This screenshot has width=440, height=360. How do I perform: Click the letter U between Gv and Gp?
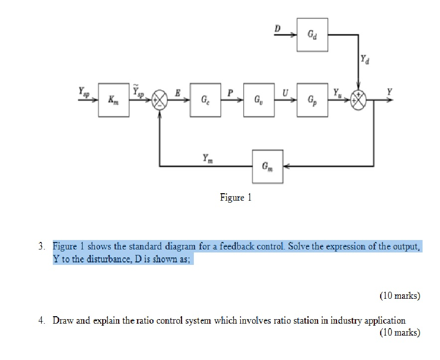[x=285, y=93]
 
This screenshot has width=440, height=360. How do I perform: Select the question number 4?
[x=44, y=321]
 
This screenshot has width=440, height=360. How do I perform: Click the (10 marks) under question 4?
[x=399, y=333]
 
